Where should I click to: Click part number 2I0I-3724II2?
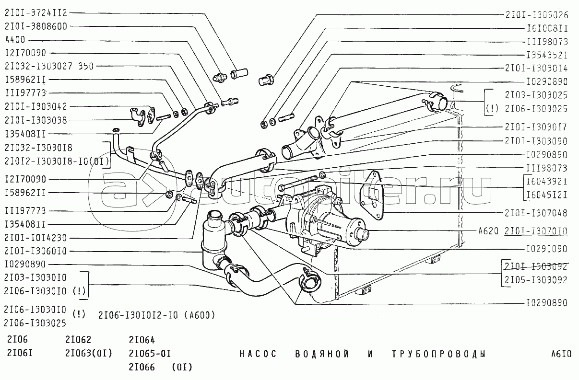point(36,13)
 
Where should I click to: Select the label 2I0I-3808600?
point(36,26)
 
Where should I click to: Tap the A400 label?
point(15,40)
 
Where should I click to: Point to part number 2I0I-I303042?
point(36,106)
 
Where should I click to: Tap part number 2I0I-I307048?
point(536,212)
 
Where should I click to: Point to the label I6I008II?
point(547,28)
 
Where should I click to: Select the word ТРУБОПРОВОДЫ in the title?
point(438,354)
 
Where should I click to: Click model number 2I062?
point(78,340)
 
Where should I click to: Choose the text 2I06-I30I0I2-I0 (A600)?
point(156,315)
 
